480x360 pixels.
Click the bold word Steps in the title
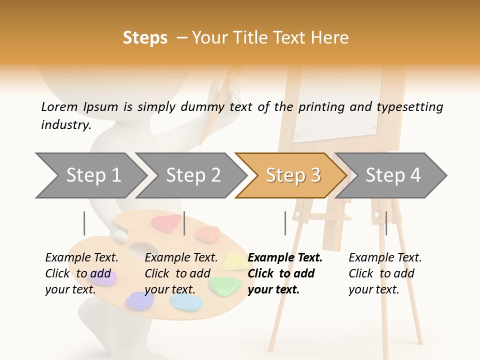click(x=145, y=38)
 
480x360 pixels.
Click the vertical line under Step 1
click(x=84, y=223)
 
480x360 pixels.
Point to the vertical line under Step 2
click(x=184, y=223)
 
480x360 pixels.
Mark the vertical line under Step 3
click(x=285, y=223)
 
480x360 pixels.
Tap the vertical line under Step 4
click(x=386, y=223)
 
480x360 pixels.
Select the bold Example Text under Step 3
click(x=284, y=273)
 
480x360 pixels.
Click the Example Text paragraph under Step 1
click(x=81, y=273)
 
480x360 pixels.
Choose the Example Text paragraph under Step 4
click(x=384, y=273)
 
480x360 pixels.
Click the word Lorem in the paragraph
click(x=59, y=106)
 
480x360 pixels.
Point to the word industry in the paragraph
click(x=65, y=124)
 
